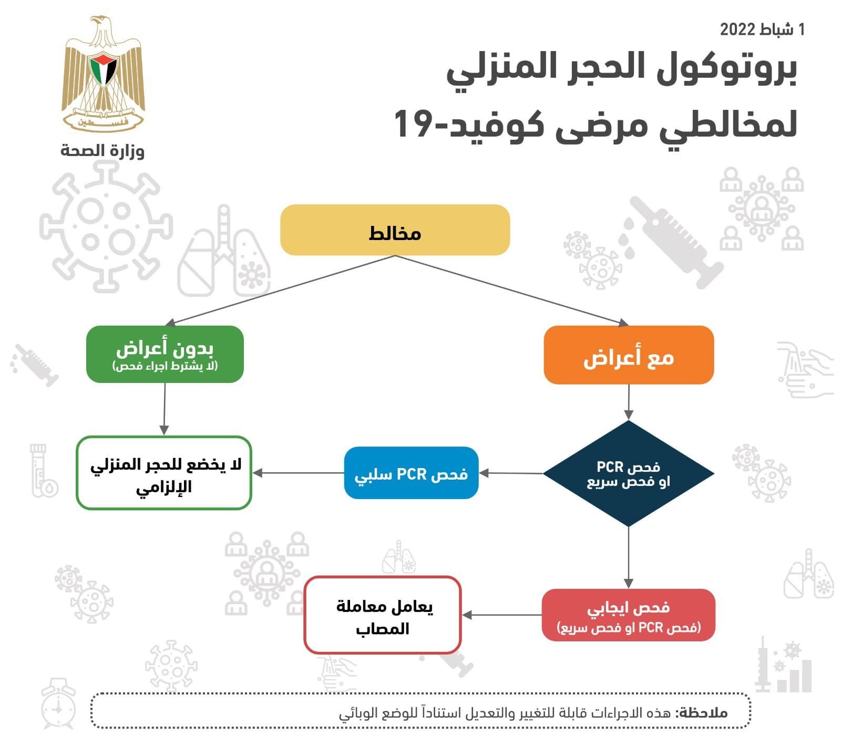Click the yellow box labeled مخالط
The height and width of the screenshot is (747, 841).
pos(395,230)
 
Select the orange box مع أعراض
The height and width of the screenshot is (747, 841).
pos(629,356)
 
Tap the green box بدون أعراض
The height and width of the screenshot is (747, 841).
pos(165,354)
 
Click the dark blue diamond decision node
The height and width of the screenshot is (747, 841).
pos(629,473)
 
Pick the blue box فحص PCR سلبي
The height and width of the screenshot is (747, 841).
pos(411,473)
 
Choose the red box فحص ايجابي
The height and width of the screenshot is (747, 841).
pos(629,615)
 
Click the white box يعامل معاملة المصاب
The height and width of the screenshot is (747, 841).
pos(383,615)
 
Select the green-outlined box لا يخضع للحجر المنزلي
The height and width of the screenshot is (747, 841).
pos(164,473)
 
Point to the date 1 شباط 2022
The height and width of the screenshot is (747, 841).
pos(762,29)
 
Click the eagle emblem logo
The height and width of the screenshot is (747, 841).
pos(103,74)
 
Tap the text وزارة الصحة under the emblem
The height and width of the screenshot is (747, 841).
pos(102,151)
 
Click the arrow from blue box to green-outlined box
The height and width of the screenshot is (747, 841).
pos(300,473)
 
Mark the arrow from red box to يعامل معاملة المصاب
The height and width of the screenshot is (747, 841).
pos(502,615)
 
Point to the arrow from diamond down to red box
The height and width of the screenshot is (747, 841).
pos(629,557)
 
